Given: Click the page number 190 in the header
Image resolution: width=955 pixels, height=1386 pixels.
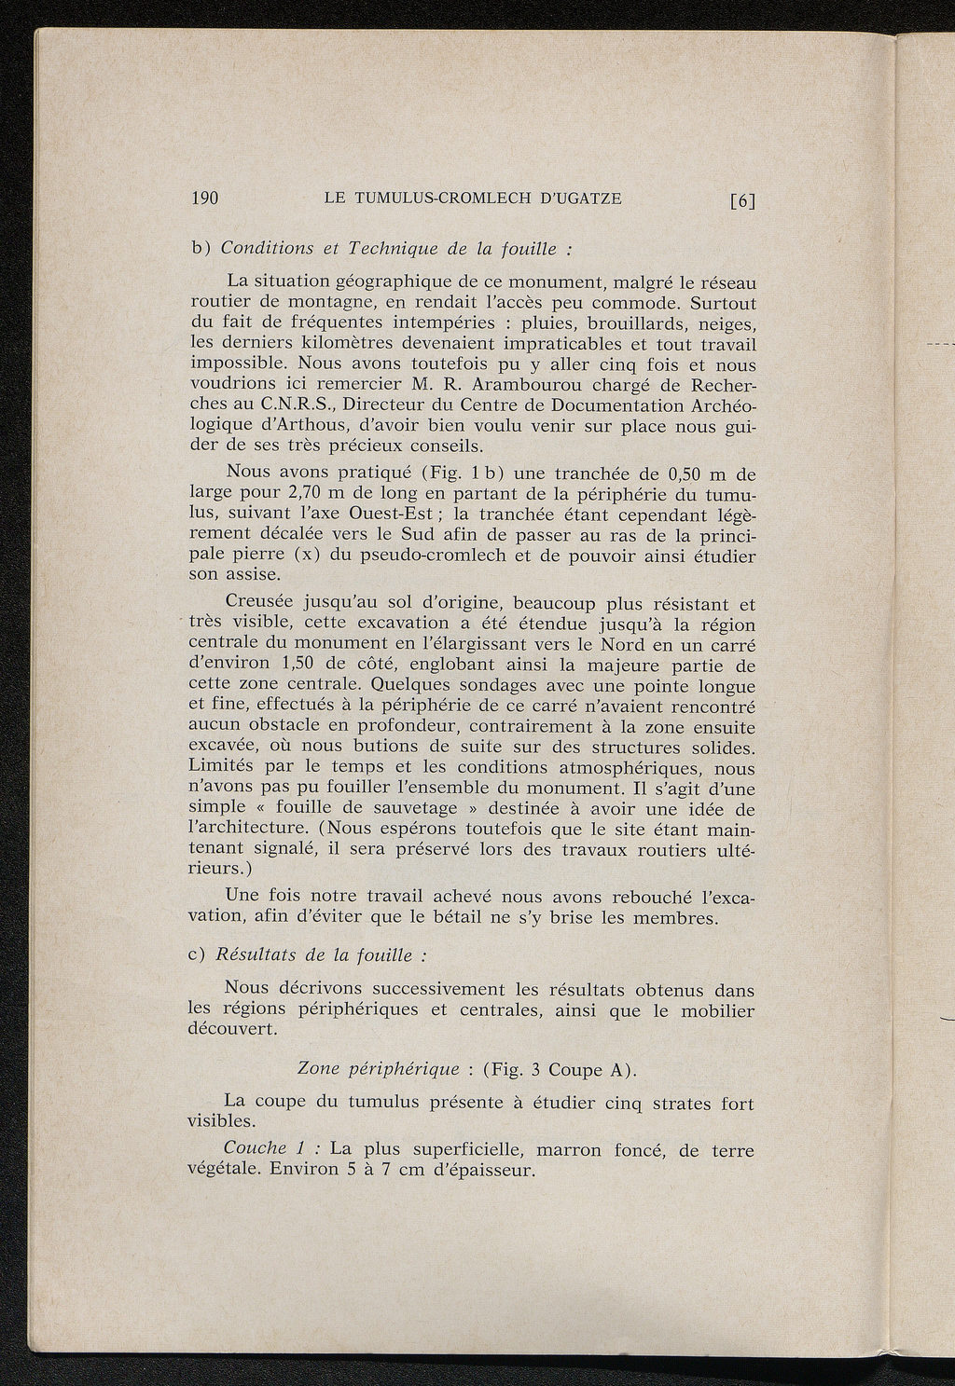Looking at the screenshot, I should click(203, 198).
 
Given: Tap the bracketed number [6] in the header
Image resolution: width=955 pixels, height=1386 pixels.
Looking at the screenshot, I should click(742, 199).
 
